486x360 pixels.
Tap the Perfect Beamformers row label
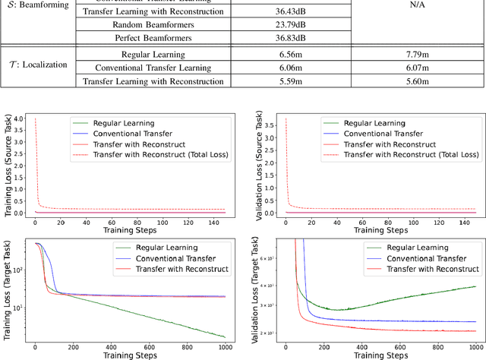pyautogui.click(x=153, y=37)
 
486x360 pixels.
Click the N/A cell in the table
pyautogui.click(x=413, y=24)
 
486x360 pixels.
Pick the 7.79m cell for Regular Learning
pyautogui.click(x=413, y=55)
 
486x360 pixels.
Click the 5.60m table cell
pyautogui.click(x=413, y=81)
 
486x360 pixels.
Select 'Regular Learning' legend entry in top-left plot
pyautogui.click(x=123, y=122)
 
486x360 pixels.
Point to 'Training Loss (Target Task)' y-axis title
pyautogui.click(x=8, y=296)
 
